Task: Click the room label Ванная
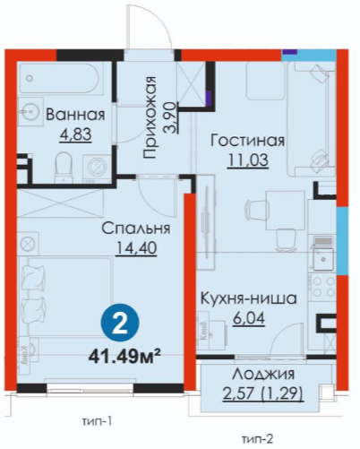75,115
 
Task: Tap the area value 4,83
75,134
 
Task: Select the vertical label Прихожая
150,117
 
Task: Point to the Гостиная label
247,141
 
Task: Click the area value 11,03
248,160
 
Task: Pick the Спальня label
136,229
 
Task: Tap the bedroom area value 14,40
136,248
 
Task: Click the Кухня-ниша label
248,298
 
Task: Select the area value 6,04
249,318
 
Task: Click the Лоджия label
263,374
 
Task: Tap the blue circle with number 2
121,324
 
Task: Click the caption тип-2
258,439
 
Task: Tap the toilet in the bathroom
64,168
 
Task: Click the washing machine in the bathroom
97,168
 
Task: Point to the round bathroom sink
30,112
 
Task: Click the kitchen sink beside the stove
323,258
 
